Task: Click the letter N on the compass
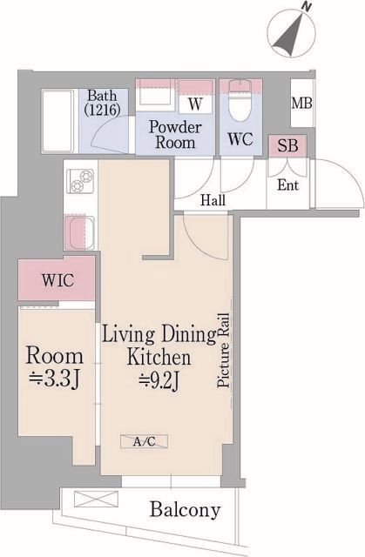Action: point(307,6)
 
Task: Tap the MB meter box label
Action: point(301,104)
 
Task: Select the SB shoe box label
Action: point(287,145)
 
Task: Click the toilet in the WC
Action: point(240,100)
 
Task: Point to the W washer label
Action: point(195,104)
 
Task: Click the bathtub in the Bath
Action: point(58,121)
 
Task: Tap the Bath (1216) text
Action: point(102,103)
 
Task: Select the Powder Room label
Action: point(175,135)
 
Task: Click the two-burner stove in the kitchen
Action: point(81,180)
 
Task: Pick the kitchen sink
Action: point(79,232)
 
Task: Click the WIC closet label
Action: point(58,280)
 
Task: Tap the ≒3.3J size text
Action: point(54,379)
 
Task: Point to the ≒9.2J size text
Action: point(159,381)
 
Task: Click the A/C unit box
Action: point(144,441)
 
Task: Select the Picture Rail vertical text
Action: point(223,350)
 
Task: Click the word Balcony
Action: point(185,510)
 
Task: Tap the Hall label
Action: point(213,200)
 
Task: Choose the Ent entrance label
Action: point(287,185)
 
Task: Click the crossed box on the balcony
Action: point(97,499)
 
